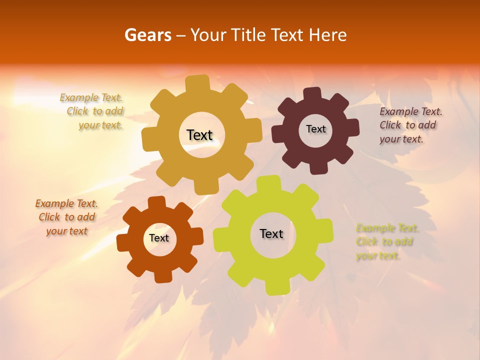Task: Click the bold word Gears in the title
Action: [148, 35]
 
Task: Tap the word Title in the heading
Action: [250, 35]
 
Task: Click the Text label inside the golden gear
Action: [199, 135]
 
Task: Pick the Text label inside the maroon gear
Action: [315, 129]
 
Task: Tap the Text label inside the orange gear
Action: [159, 238]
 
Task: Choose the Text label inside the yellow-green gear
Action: [271, 233]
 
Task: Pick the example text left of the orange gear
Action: [66, 217]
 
